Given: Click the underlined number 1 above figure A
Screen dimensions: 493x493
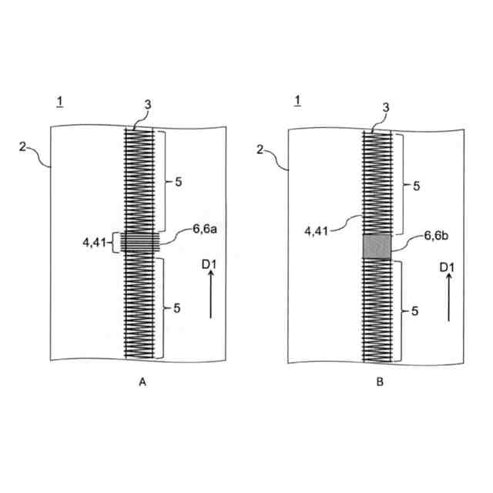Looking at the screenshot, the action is click(x=60, y=101).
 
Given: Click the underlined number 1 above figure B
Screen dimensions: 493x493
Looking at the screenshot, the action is click(x=297, y=101).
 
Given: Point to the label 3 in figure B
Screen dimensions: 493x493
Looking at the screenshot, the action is click(x=377, y=109).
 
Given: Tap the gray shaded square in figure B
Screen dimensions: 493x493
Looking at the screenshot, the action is click(x=377, y=246).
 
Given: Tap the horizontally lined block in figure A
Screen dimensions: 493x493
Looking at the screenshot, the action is click(x=140, y=243).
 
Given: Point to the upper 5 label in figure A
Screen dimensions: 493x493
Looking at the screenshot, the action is click(x=178, y=183).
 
